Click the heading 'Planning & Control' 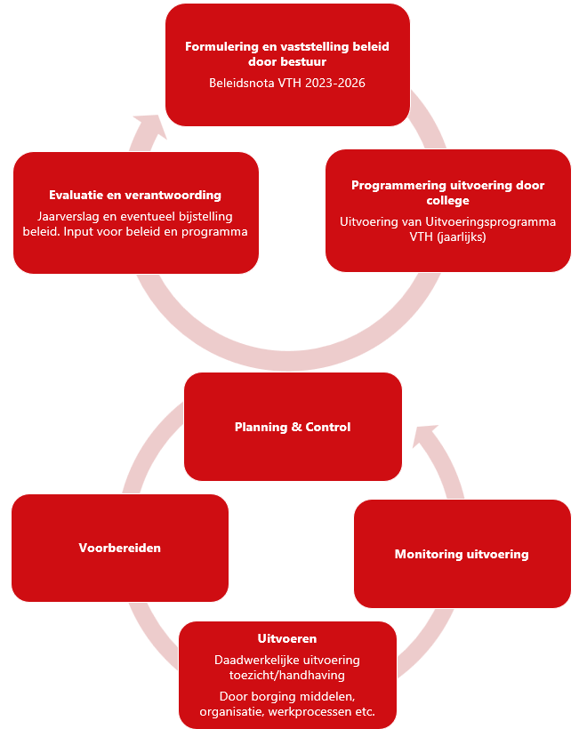pos(293,427)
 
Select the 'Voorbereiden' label pos(119,548)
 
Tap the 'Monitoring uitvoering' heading pos(462,554)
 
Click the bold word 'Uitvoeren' pos(287,638)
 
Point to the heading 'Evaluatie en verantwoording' pos(135,195)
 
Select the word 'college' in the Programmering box pos(447,201)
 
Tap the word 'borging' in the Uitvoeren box pos(269,695)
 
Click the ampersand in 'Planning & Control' pos(296,427)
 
